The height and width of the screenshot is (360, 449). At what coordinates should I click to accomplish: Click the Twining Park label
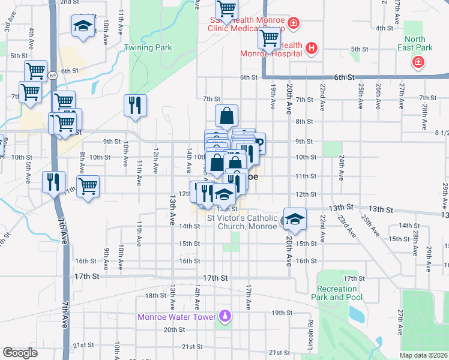click(x=148, y=48)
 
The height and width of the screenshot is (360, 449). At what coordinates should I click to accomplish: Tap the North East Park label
click(x=415, y=43)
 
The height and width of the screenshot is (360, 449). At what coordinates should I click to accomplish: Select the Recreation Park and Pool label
click(x=337, y=293)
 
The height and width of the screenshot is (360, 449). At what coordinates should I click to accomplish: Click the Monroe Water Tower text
click(x=175, y=317)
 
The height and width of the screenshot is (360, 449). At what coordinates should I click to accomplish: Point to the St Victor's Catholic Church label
click(x=243, y=221)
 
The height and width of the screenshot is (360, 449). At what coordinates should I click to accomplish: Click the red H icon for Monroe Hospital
click(x=311, y=48)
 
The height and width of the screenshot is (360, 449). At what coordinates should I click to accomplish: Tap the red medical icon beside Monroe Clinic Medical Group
click(x=293, y=24)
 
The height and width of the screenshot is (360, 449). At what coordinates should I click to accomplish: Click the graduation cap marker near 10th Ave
click(x=83, y=26)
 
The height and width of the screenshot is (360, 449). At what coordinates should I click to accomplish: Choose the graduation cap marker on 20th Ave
click(x=295, y=219)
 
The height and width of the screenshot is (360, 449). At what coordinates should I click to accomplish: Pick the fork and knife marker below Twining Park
click(x=135, y=105)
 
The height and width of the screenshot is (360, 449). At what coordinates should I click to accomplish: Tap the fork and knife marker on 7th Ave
click(x=53, y=181)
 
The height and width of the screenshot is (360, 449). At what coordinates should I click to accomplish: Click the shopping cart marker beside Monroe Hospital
click(x=270, y=39)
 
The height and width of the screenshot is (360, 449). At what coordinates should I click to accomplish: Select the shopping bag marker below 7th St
click(x=227, y=116)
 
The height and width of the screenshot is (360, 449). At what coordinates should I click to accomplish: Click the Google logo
click(x=20, y=353)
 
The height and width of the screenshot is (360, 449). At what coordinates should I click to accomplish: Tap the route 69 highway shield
click(x=53, y=75)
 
